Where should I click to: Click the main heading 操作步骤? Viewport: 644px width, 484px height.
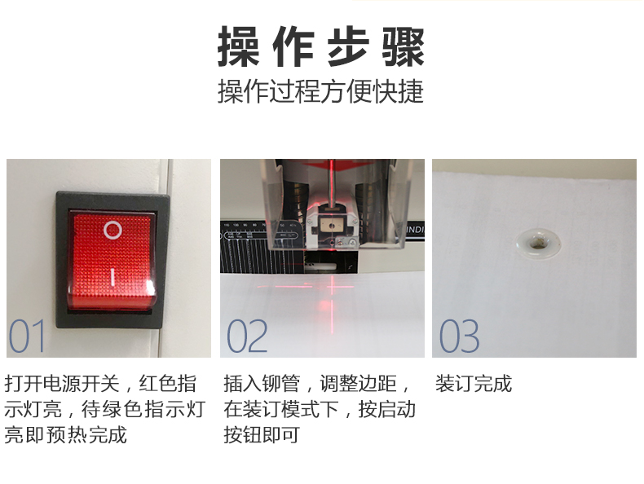coord(320,46)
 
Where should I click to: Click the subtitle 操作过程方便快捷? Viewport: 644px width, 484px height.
coord(320,91)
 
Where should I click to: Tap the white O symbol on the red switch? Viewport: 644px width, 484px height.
coord(112,230)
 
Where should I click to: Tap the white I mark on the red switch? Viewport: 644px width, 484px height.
coord(112,278)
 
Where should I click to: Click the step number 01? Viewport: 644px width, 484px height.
coord(27,336)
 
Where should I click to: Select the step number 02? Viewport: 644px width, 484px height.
coord(247,336)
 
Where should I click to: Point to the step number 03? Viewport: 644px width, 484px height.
coord(459,336)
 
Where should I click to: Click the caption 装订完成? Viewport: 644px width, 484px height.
coord(474,384)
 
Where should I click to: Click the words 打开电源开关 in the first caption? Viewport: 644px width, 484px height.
coord(62,384)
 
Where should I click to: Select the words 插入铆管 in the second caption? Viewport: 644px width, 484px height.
coord(262,384)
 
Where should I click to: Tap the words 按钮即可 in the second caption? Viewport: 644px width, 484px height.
coord(261,435)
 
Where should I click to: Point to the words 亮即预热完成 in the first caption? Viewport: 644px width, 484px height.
coord(65,435)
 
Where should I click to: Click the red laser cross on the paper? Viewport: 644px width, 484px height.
coord(332,286)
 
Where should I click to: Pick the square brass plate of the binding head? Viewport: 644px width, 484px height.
coord(329,225)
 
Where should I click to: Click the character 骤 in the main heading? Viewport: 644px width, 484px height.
coord(404,46)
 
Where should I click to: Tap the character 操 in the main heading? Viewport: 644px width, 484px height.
coord(238,46)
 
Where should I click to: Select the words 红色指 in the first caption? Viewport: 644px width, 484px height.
coord(167,384)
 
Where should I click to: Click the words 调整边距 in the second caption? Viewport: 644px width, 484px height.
coord(358,384)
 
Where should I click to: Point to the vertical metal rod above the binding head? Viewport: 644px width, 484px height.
coord(331,181)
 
